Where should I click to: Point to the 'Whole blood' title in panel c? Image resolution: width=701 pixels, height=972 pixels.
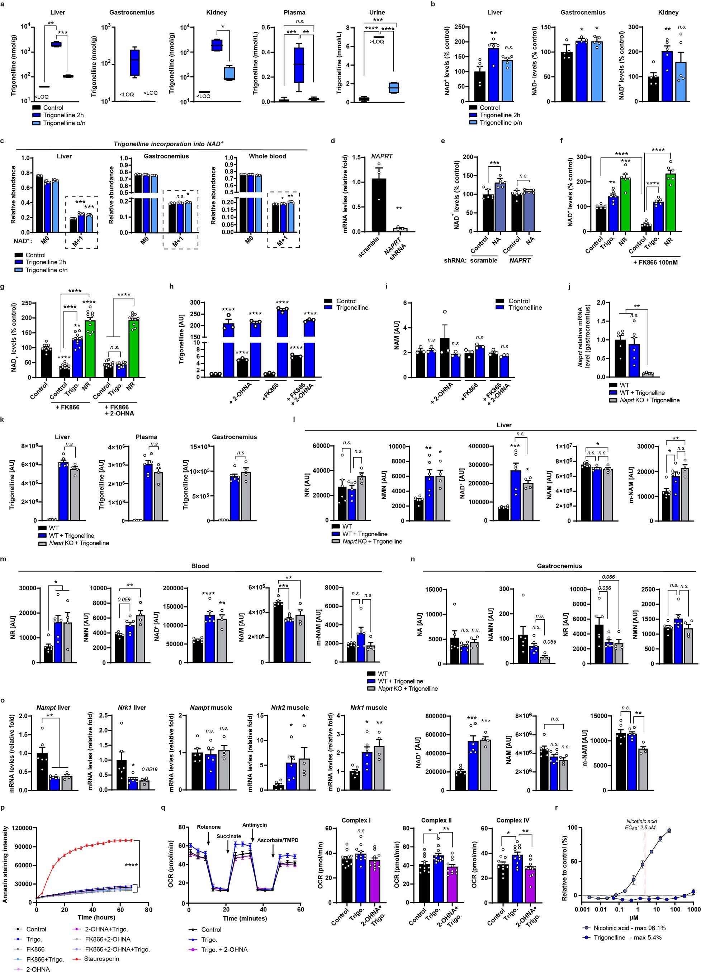[x=267, y=156]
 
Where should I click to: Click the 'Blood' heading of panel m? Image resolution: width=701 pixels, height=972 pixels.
[x=200, y=566]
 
